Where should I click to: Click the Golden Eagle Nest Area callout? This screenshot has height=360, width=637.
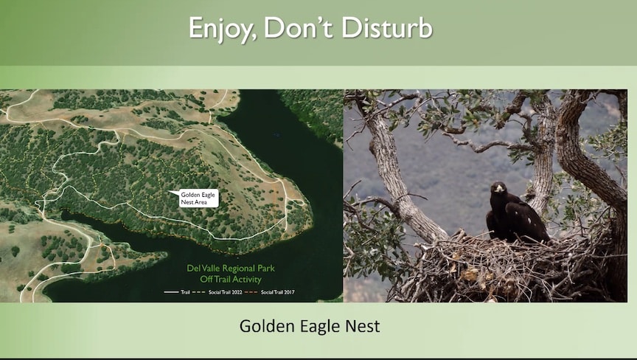coord(198,198)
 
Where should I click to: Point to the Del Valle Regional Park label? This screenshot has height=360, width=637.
coord(231,269)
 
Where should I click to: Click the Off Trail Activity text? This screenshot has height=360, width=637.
coord(231,279)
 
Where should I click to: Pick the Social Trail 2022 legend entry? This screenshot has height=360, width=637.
coord(217,291)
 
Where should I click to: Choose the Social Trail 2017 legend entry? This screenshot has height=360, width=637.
coord(269,291)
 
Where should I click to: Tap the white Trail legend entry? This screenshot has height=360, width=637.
coord(177,291)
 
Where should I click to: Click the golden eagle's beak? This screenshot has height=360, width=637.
coord(499,189)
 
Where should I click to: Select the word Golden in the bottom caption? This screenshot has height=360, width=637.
coord(267,326)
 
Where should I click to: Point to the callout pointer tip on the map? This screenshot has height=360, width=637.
coord(169,191)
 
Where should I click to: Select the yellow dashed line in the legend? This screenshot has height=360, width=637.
coord(199,291)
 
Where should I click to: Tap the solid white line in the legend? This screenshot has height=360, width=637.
coord(171,291)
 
